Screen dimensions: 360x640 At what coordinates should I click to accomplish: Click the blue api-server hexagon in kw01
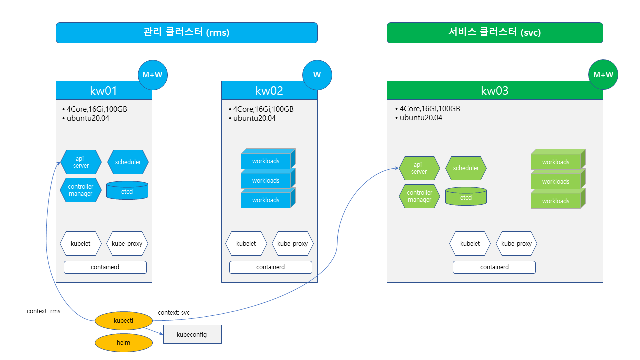[x=81, y=162]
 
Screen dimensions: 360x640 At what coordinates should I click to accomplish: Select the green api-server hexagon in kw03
[x=419, y=168]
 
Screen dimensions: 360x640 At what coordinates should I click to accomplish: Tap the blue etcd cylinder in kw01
[x=127, y=191]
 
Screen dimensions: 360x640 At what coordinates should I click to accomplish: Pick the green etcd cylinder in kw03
[x=466, y=197]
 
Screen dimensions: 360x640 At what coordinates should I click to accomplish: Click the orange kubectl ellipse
[x=123, y=320]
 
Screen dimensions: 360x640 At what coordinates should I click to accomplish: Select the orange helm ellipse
[x=123, y=342]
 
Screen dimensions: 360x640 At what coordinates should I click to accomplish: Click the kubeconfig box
[x=192, y=334]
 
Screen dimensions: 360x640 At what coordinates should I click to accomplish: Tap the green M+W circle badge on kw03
[x=603, y=75]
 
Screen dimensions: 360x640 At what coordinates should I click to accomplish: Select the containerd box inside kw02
[x=270, y=267]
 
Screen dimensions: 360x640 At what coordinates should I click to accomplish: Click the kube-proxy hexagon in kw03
[x=516, y=244]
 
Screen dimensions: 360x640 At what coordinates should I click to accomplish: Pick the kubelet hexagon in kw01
[x=81, y=244]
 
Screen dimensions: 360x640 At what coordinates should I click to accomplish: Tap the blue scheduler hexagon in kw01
[x=128, y=162]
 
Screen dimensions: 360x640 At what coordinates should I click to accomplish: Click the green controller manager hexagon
[x=419, y=196]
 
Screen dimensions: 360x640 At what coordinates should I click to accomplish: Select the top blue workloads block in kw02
[x=266, y=161]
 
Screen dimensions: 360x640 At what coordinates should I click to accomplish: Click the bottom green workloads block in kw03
[x=556, y=201]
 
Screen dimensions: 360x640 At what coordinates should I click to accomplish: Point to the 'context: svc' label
[x=174, y=313]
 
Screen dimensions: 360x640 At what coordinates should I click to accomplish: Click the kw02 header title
[x=269, y=90]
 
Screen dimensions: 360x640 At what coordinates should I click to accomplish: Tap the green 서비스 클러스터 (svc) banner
[x=495, y=33]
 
